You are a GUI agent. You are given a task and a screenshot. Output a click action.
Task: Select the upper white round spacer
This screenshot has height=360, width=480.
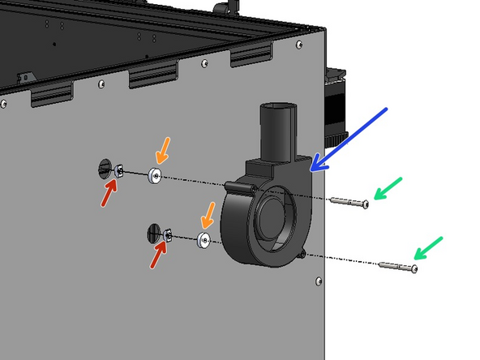(155, 175)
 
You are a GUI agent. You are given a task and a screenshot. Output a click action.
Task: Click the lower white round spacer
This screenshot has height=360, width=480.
(204, 240)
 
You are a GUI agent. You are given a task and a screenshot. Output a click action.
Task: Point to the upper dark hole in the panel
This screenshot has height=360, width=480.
(104, 169)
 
